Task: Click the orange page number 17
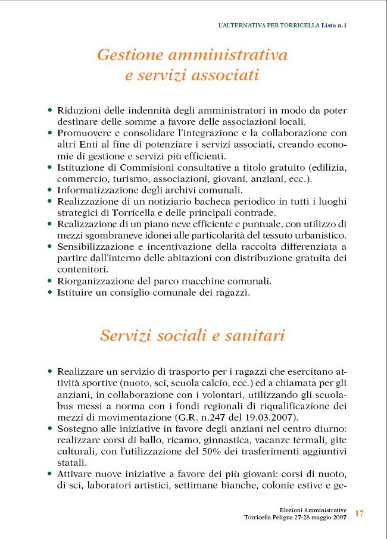tap(360, 513)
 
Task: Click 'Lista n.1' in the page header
tap(335, 25)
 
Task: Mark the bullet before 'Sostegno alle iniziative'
tap(50, 428)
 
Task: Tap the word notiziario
tap(175, 202)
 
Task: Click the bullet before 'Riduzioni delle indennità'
tap(50, 111)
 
